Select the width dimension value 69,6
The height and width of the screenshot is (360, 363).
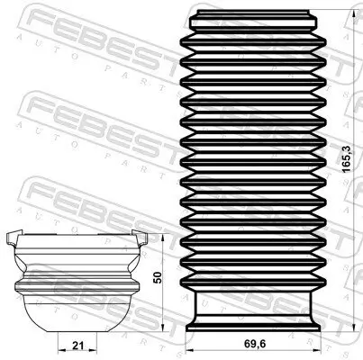(253, 343)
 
